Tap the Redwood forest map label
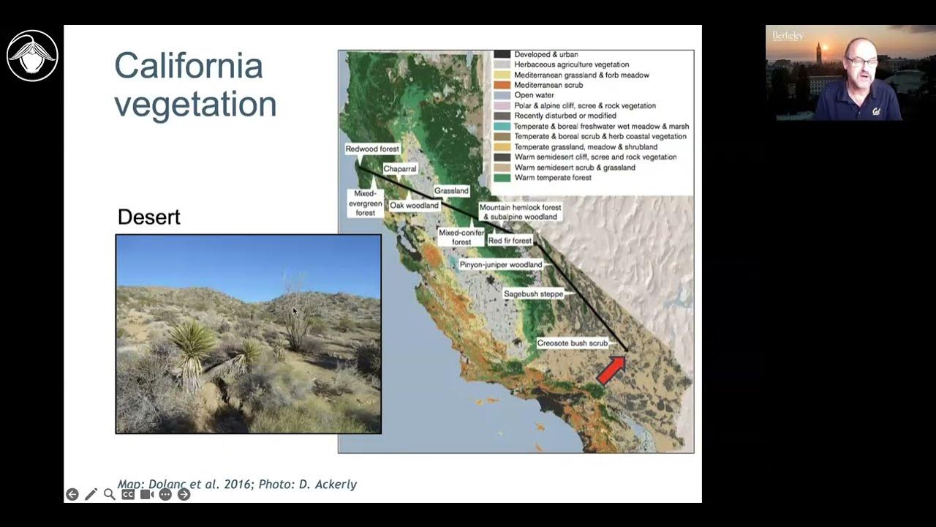[372, 149]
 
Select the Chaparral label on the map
[400, 169]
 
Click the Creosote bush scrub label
[572, 343]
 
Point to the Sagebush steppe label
[533, 294]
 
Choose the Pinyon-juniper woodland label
[501, 264]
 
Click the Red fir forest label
[510, 241]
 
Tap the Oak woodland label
[414, 206]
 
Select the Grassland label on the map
[451, 191]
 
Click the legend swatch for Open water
[502, 95]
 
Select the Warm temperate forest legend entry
[552, 178]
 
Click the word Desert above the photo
[148, 217]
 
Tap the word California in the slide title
[188, 66]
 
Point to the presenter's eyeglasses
[861, 61]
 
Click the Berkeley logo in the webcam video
[788, 35]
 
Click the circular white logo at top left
[32, 56]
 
